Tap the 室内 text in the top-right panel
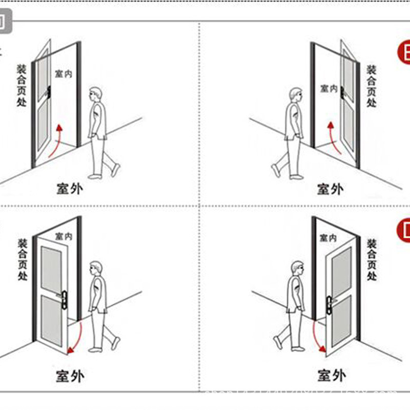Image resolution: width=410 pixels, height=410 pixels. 329,89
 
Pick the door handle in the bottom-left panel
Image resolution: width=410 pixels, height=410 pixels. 64,297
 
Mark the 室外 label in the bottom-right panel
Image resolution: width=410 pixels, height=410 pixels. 330,376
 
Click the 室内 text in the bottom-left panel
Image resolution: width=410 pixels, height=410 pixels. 64,236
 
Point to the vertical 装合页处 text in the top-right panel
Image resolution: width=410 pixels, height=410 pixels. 371,86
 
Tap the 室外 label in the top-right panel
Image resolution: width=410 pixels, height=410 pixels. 330,189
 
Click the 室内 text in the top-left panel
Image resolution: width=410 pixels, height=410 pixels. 63,74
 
